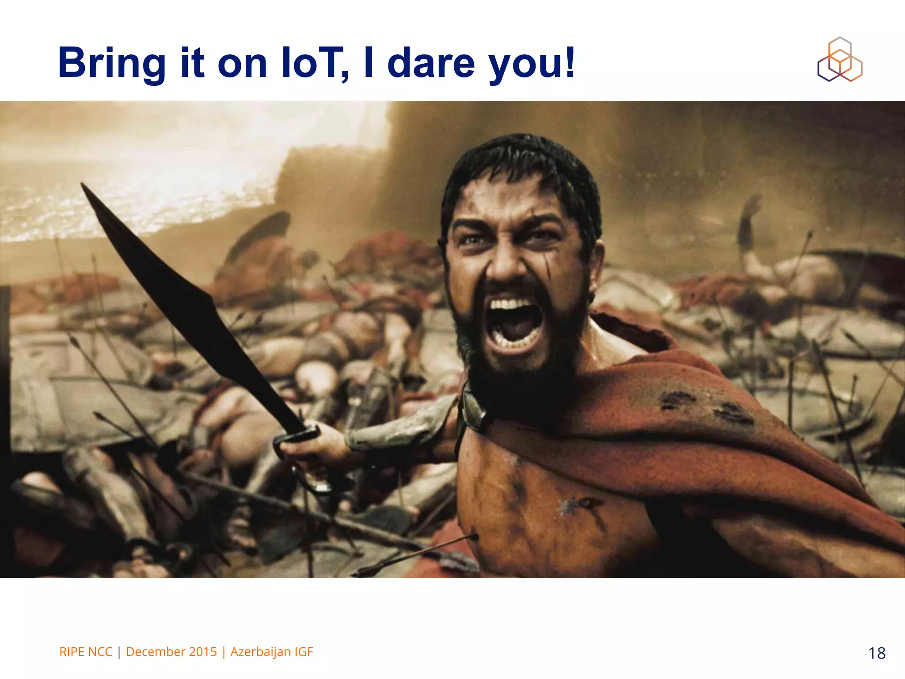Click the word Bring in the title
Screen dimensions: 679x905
(x=112, y=63)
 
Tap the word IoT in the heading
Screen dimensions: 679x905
(x=314, y=63)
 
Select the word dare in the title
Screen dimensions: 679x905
(x=431, y=63)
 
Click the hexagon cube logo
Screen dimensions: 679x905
(x=840, y=60)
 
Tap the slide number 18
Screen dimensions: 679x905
(x=877, y=653)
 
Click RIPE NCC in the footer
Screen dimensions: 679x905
(x=86, y=652)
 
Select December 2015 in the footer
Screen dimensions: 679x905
(x=171, y=652)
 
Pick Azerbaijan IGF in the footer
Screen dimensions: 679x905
(x=272, y=652)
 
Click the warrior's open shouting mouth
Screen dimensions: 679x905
(x=515, y=323)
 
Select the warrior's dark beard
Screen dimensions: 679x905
(x=521, y=376)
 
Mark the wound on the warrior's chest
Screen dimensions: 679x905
(x=579, y=504)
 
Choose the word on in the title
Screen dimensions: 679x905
(x=242, y=63)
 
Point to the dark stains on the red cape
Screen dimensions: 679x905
(x=707, y=407)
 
